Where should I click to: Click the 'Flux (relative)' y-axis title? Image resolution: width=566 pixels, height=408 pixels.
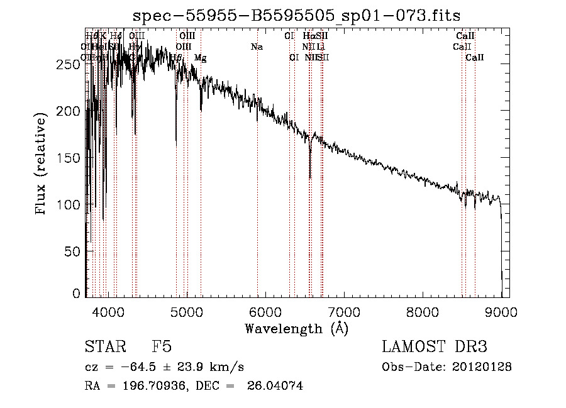(42, 165)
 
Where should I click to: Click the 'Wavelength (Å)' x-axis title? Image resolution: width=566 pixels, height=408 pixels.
(296, 328)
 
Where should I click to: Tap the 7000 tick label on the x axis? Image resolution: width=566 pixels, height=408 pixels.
(344, 311)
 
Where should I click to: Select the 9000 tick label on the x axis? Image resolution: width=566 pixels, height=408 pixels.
(501, 311)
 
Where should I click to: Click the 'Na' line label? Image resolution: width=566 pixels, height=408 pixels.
(257, 47)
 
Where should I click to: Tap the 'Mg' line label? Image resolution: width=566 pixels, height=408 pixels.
(200, 58)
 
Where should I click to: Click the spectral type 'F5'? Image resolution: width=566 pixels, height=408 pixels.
(162, 347)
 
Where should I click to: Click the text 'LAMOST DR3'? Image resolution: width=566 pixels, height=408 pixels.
(435, 347)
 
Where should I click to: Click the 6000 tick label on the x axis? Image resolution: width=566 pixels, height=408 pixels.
(265, 311)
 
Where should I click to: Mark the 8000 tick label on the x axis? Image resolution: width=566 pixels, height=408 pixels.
(423, 311)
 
